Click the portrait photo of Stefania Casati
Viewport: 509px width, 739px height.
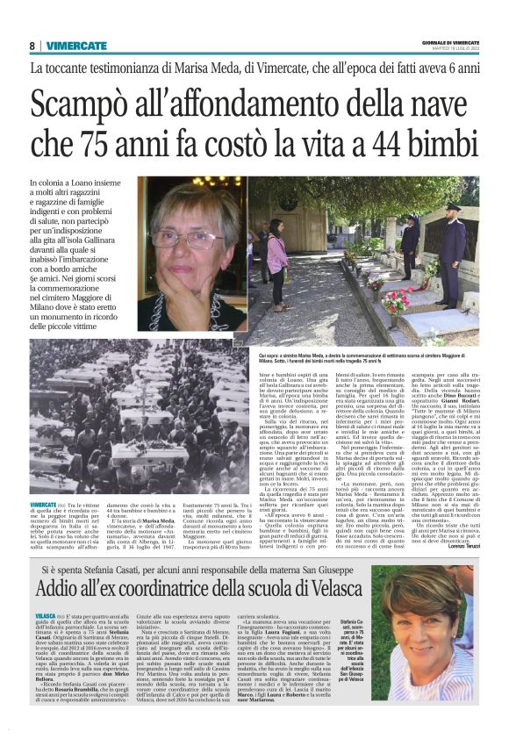pos(440,640)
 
